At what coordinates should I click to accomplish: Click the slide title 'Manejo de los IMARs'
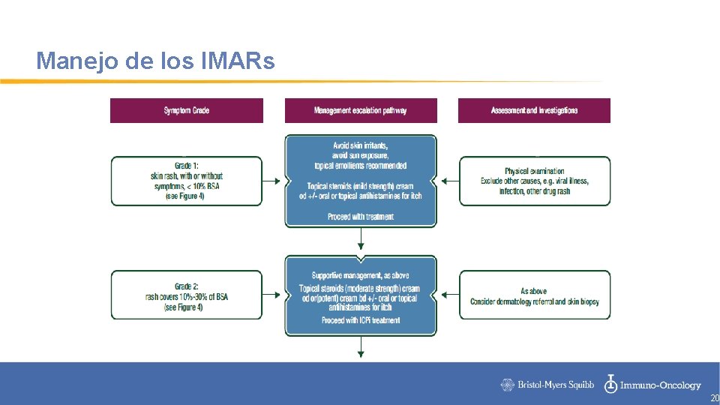pyautogui.click(x=155, y=61)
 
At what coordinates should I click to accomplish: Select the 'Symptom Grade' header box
pyautogui.click(x=187, y=110)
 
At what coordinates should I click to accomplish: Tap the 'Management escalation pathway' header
pyautogui.click(x=361, y=110)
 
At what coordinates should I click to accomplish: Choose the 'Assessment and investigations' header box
pyautogui.click(x=534, y=110)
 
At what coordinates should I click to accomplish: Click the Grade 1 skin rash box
pyautogui.click(x=187, y=181)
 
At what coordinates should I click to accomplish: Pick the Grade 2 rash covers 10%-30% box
pyautogui.click(x=187, y=295)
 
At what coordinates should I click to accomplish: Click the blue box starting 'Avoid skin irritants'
pyautogui.click(x=361, y=181)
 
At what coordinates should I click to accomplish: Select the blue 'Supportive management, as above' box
pyautogui.click(x=361, y=295)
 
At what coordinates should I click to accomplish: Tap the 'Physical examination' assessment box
pyautogui.click(x=534, y=181)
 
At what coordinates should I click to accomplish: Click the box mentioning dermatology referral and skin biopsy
pyautogui.click(x=534, y=295)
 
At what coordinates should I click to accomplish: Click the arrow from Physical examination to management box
pyautogui.click(x=448, y=181)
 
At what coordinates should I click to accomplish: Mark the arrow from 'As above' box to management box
pyautogui.click(x=448, y=295)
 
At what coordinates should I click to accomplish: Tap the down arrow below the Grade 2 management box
pyautogui.click(x=361, y=347)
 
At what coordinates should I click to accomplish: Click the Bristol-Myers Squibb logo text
pyautogui.click(x=548, y=385)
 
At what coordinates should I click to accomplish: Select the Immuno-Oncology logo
pyautogui.click(x=653, y=385)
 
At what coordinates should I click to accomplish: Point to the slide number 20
pyautogui.click(x=714, y=398)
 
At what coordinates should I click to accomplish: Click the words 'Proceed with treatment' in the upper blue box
pyautogui.click(x=361, y=217)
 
